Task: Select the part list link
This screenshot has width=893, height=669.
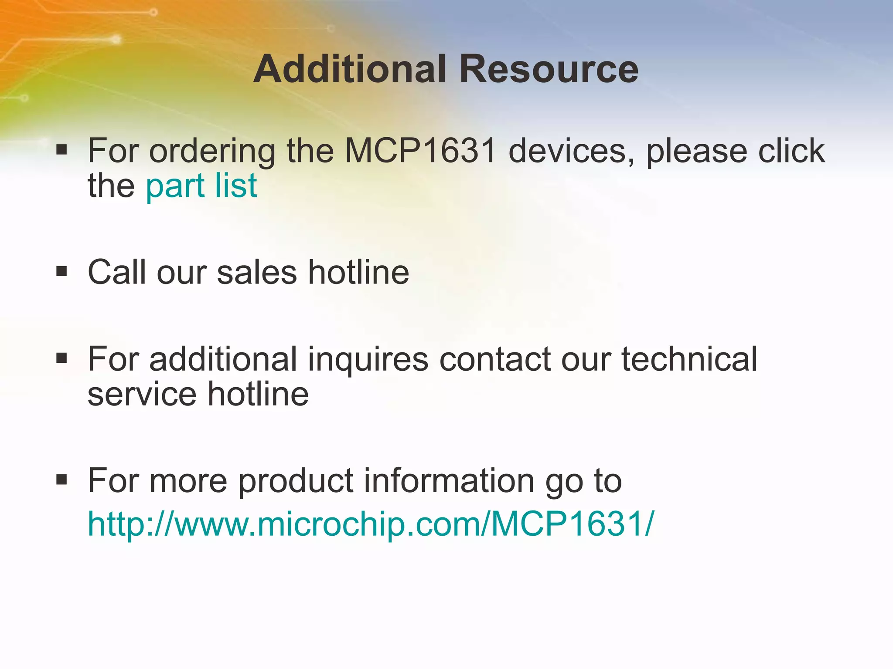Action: [x=201, y=186]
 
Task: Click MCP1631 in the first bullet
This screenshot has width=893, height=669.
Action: [x=421, y=151]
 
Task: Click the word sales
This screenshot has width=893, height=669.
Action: [x=257, y=272]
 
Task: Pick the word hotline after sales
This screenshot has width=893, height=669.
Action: [x=358, y=272]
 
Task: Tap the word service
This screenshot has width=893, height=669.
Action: [x=142, y=394]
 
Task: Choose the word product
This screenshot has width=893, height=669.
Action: [x=296, y=482]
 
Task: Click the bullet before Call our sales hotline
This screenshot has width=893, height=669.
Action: [x=61, y=272]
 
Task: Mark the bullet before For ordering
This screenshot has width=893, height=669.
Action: [x=61, y=150]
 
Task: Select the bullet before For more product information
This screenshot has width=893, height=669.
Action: [x=61, y=480]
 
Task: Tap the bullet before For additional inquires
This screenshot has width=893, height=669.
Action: [x=61, y=358]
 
